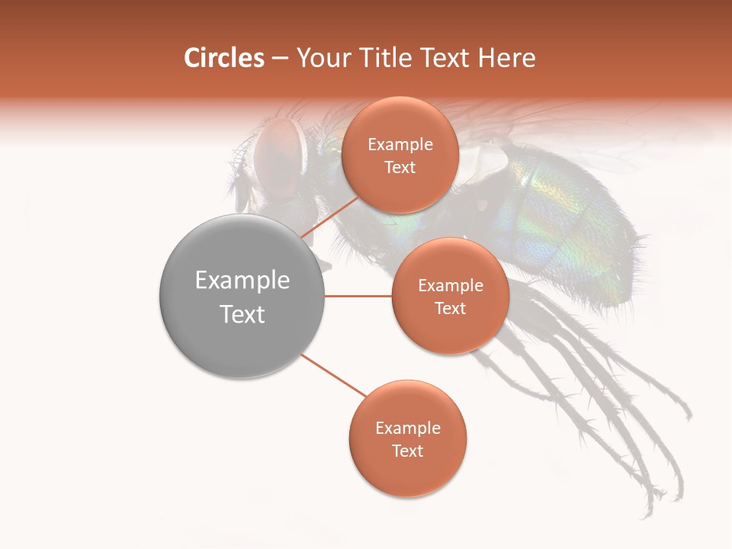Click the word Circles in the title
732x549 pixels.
pos(223,58)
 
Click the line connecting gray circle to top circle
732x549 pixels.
pos(329,217)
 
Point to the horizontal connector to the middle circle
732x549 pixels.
pos(358,296)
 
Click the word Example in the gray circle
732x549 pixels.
pos(242,281)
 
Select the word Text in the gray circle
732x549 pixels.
pos(242,314)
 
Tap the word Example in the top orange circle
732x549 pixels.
pos(400,145)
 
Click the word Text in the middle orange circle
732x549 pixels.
pos(450,308)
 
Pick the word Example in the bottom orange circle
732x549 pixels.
pos(407,429)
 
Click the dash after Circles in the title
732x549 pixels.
pos(279,59)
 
